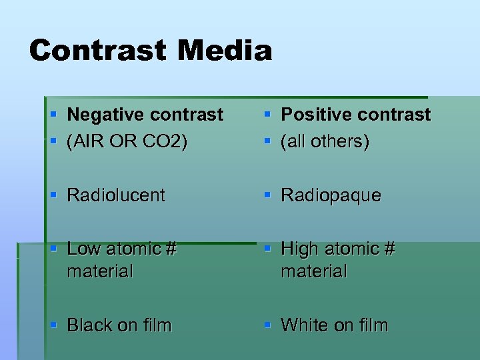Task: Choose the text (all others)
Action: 325,142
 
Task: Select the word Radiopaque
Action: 331,195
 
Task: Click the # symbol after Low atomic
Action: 171,249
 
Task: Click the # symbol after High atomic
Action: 389,249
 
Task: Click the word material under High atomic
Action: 314,271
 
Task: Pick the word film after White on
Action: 373,325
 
